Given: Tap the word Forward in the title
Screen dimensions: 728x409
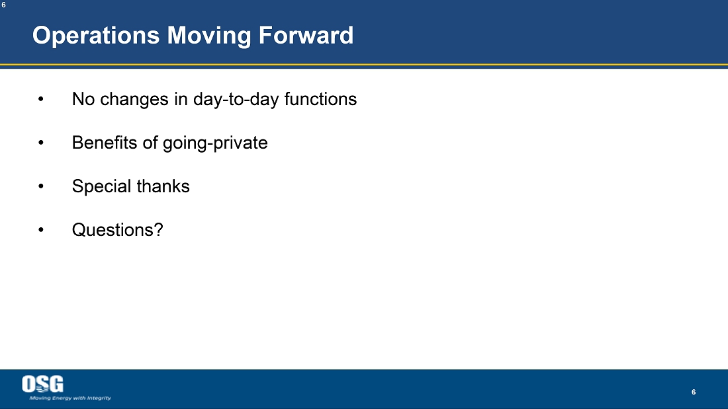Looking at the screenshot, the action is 306,35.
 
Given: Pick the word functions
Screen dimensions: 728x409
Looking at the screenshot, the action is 320,98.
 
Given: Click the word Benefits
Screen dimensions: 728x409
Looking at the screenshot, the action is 105,142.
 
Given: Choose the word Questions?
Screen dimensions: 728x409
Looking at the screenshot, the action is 117,229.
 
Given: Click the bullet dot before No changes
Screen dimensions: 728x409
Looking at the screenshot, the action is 41,98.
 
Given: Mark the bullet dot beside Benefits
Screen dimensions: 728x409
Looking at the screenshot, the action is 41,142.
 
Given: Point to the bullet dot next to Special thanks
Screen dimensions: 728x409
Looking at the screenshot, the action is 41,186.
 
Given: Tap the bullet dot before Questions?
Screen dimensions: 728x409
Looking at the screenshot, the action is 41,229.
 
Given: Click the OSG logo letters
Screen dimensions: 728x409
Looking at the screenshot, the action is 43,384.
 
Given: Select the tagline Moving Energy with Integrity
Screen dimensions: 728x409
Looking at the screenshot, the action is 70,398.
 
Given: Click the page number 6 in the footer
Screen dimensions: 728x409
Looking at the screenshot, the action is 694,392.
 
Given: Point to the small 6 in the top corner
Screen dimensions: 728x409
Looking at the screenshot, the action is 3,5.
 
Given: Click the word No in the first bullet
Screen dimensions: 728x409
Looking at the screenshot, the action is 83,98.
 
